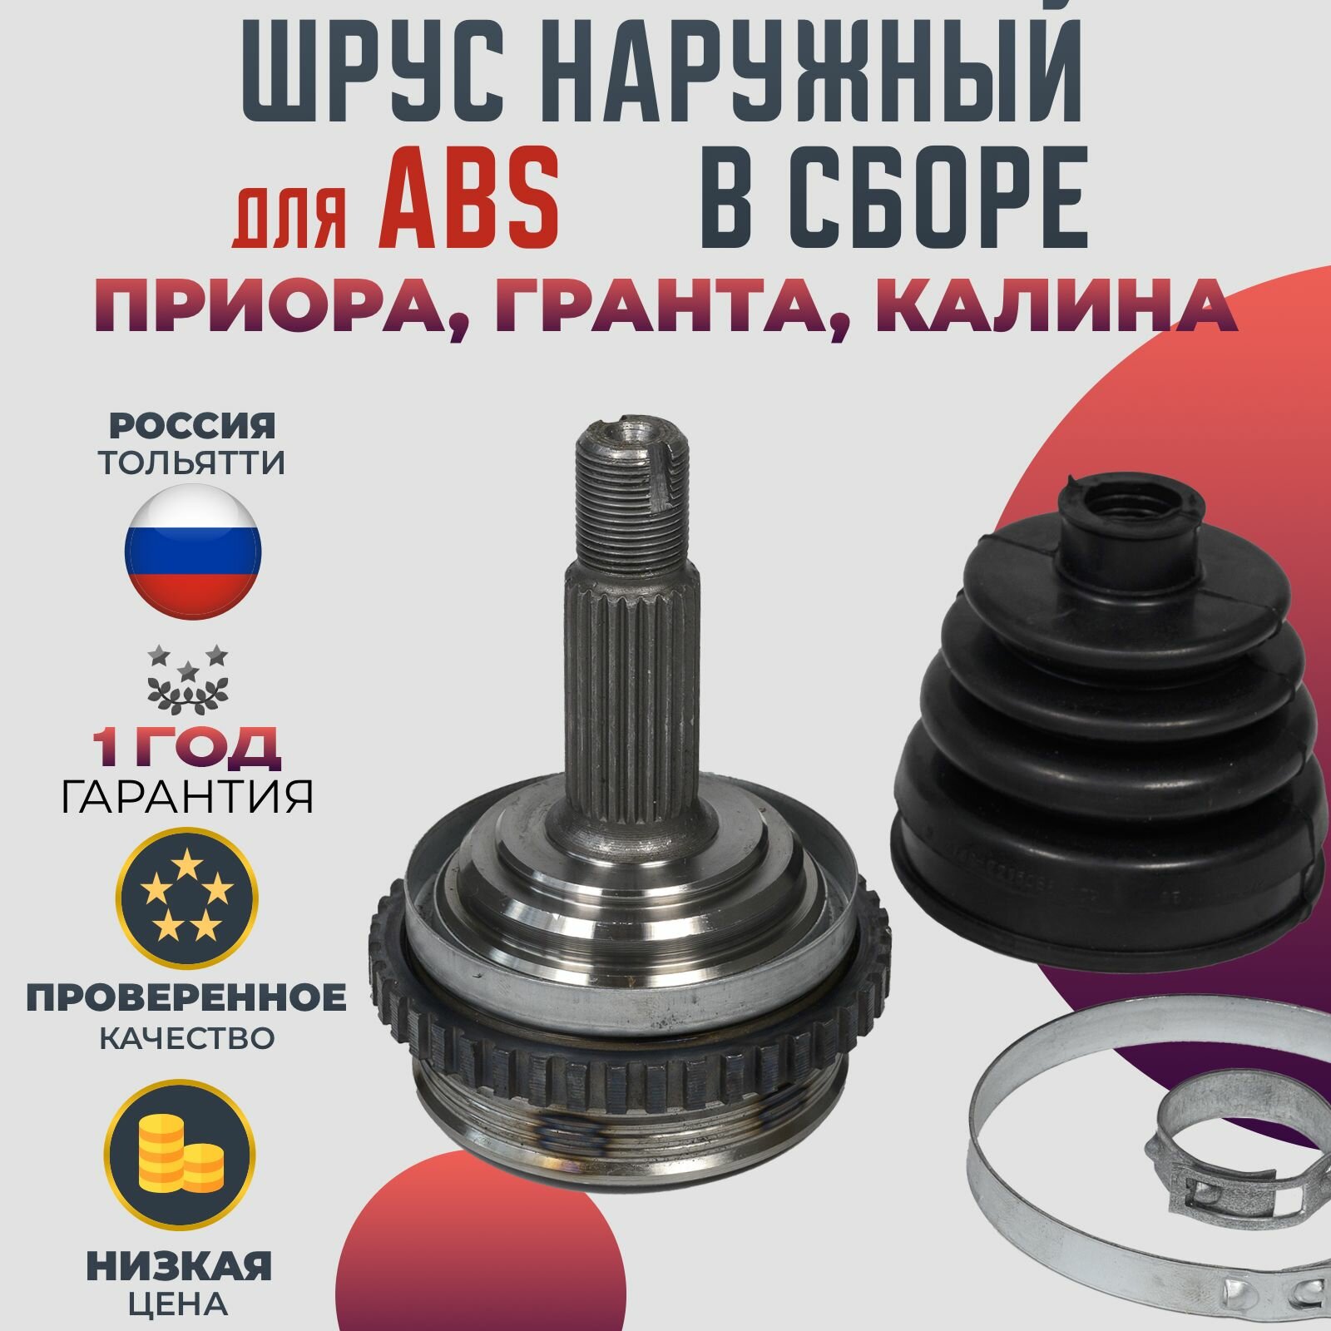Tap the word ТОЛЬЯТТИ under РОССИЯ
pyautogui.click(x=192, y=463)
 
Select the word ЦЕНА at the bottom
pyautogui.click(x=180, y=1303)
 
